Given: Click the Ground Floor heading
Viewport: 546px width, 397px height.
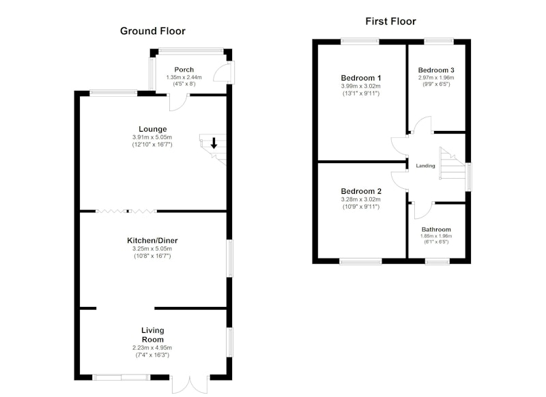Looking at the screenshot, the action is (x=152, y=31).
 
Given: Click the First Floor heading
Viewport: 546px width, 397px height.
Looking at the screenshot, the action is (x=390, y=21).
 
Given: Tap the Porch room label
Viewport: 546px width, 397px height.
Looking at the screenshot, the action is (x=184, y=70).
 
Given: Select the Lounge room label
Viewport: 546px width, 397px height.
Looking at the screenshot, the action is (x=152, y=129).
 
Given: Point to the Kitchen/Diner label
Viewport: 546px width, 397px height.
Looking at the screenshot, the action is (x=152, y=240).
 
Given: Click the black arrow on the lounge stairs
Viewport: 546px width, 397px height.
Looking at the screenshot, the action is (x=214, y=143).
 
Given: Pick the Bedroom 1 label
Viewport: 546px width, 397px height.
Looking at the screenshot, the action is (x=361, y=78).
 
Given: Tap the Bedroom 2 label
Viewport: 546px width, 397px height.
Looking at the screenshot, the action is (x=361, y=191).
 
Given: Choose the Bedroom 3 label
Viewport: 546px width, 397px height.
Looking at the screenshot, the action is (x=436, y=70).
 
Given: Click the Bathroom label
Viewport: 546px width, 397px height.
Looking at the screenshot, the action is (x=436, y=229).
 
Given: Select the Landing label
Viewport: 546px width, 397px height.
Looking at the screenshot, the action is (x=425, y=166).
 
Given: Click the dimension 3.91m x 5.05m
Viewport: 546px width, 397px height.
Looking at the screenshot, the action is (x=152, y=137).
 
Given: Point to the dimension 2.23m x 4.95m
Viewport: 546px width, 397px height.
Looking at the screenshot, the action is (x=152, y=348).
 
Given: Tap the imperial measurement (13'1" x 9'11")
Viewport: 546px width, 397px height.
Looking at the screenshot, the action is (x=361, y=93).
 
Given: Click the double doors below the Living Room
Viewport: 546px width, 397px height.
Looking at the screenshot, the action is (x=190, y=385).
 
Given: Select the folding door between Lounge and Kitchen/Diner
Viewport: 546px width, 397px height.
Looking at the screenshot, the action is (x=126, y=211).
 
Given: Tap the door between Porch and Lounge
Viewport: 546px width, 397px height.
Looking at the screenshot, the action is (x=177, y=103).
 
